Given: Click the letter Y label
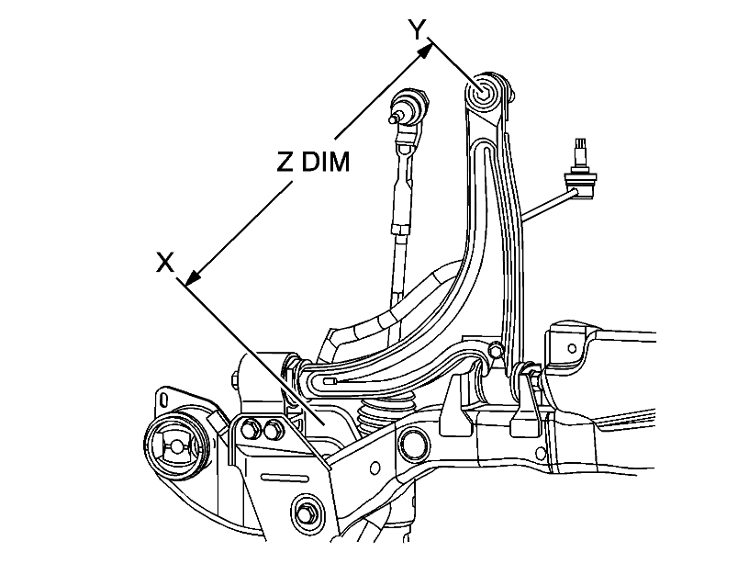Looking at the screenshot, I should [418, 29].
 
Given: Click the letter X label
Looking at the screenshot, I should [165, 263].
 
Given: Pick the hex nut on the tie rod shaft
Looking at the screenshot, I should [402, 224].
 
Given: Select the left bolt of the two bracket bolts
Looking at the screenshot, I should [249, 427].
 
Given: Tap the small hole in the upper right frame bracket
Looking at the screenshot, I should [574, 348].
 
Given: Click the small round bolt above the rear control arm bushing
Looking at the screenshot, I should [497, 349].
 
